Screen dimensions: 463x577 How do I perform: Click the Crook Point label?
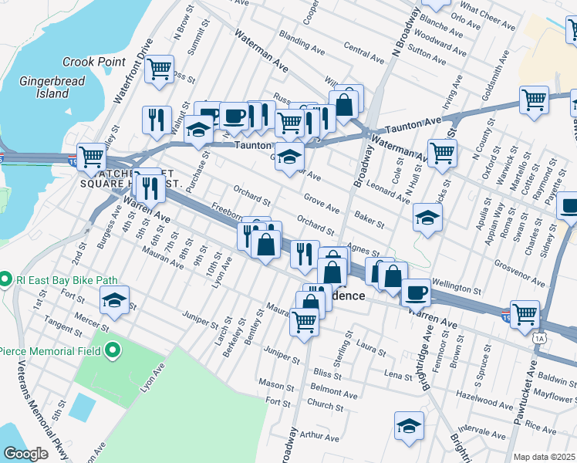[89, 62]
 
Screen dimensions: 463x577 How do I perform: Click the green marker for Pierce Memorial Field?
[113, 352]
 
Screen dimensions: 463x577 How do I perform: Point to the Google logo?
[25, 454]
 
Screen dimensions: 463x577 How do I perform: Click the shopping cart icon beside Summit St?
[160, 68]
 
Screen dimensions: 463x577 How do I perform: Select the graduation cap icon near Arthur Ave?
[409, 424]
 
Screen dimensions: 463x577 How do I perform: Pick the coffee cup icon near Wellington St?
[416, 292]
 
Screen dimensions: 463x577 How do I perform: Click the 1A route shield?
[539, 338]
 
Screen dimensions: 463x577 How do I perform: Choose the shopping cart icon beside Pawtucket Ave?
[525, 313]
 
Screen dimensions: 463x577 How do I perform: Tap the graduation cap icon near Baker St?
[427, 217]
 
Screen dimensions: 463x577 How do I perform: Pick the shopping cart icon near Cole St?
[442, 152]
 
